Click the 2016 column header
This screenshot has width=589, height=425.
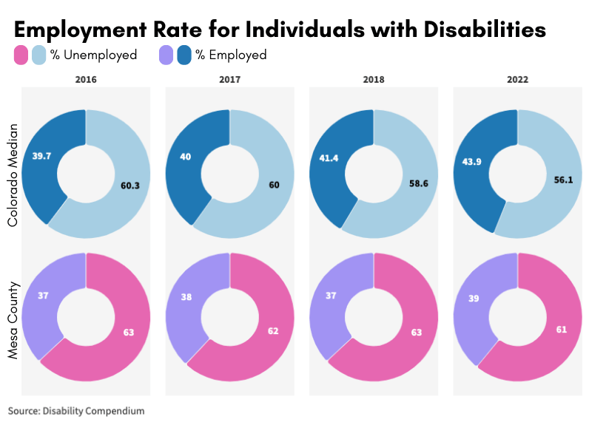tap(86, 79)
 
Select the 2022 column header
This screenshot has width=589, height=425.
tap(516, 79)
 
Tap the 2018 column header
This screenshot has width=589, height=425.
tap(374, 79)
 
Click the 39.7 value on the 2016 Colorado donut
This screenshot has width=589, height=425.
tap(42, 156)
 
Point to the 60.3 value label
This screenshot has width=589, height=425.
tap(130, 186)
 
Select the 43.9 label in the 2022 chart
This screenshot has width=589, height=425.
tap(473, 162)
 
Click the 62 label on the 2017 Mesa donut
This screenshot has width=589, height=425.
tap(273, 330)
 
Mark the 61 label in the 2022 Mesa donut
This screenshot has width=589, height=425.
tap(562, 327)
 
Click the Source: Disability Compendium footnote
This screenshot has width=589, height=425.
tap(76, 410)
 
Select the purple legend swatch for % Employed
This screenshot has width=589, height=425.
tap(167, 55)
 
